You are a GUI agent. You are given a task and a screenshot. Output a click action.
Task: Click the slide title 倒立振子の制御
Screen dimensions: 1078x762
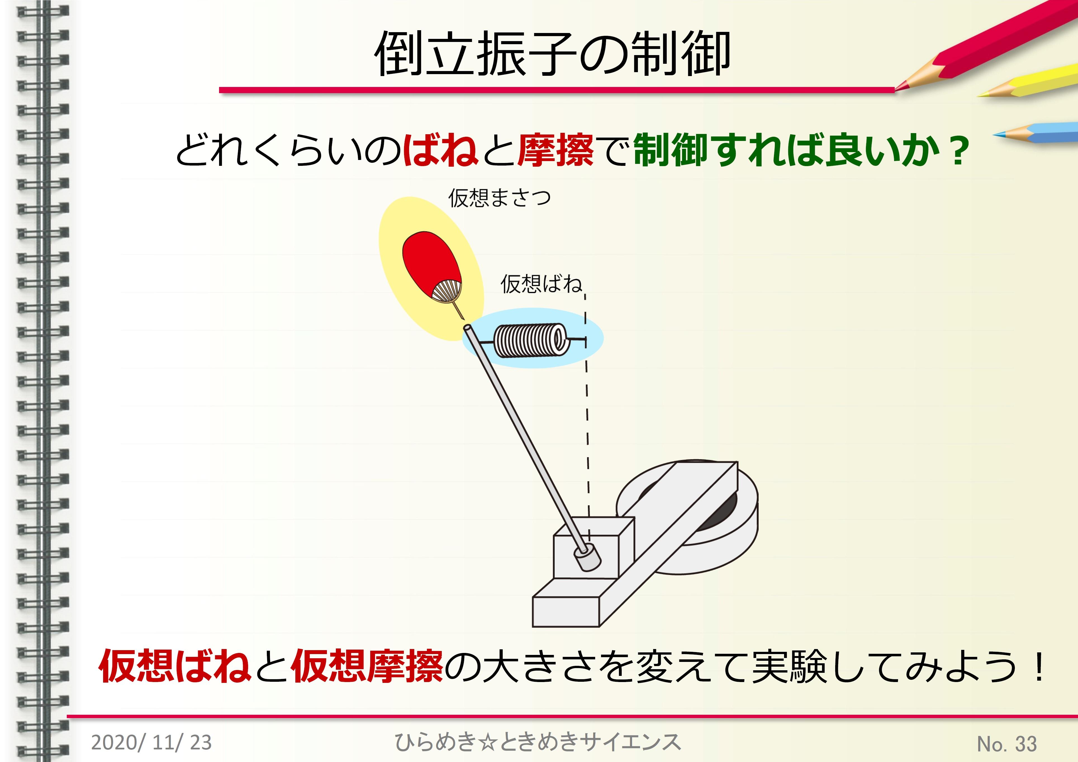coord(552,54)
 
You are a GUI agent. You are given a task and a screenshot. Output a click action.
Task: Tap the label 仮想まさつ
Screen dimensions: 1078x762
coord(499,198)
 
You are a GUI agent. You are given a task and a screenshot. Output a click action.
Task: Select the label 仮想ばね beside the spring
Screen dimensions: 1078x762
coord(541,284)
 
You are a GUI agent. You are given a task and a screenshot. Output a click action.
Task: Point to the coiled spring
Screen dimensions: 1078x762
coord(531,341)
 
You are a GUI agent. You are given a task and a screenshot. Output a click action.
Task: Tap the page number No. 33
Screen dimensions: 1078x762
coord(1006,744)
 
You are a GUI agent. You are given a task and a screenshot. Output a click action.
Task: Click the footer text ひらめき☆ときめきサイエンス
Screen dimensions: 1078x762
coord(538,742)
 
